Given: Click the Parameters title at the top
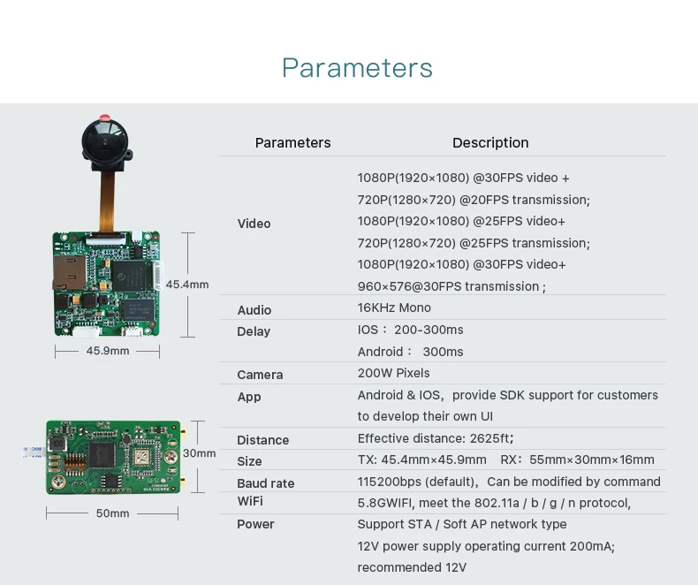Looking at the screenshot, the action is point(357,68).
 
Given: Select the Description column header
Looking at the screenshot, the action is point(490,142).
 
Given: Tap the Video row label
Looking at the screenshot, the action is point(254,224).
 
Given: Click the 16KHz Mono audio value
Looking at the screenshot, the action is point(394,308).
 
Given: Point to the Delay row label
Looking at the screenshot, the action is point(254,331).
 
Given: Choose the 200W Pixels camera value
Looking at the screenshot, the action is point(393,373).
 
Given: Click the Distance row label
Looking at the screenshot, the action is point(263,440).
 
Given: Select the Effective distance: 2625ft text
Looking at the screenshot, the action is point(436,438).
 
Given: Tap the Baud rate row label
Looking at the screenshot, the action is point(266,483).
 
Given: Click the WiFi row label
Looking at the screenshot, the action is point(250,501).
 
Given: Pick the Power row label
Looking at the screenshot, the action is point(255,524).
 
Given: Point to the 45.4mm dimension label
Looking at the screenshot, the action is point(187,285).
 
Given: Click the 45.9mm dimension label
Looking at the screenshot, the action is point(108,351).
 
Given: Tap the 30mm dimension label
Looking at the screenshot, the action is point(199,453).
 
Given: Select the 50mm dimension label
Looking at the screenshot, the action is point(112,513).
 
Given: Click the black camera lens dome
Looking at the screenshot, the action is point(105,141).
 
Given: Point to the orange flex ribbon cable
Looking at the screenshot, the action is point(106,201).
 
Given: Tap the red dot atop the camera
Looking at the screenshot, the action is point(104,118).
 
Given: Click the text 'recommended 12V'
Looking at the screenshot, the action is point(412,567).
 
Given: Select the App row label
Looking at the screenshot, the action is point(249,397).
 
